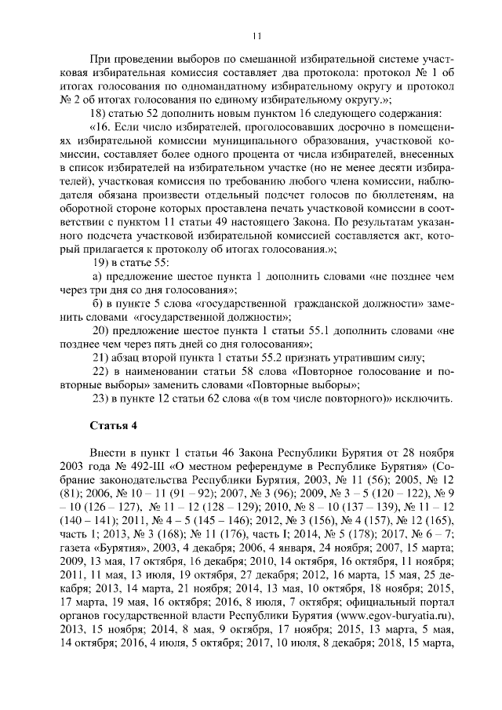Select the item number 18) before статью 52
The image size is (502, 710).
(102, 112)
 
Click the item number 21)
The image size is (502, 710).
(102, 358)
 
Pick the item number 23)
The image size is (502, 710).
(102, 399)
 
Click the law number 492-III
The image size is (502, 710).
(129, 466)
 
